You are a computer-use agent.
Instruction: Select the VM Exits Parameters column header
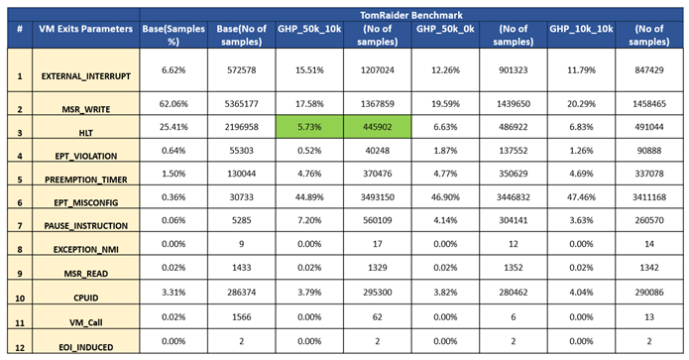[84, 29]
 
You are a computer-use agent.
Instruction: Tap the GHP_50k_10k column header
[310, 29]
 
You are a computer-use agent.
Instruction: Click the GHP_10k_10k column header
[581, 29]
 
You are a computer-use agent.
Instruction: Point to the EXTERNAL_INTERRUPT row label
[84, 75]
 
